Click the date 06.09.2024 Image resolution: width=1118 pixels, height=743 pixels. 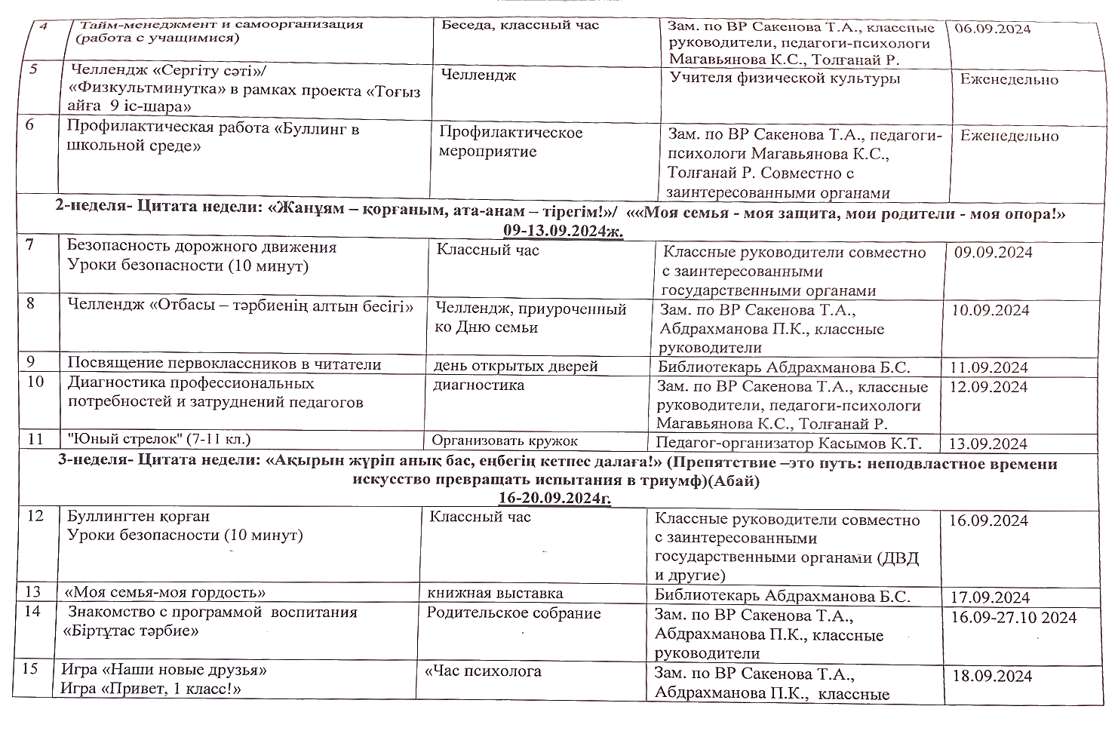(x=992, y=29)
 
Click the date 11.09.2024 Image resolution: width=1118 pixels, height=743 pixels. (x=989, y=367)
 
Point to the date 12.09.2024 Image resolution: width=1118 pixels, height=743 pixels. (x=989, y=386)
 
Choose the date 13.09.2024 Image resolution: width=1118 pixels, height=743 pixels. (x=987, y=444)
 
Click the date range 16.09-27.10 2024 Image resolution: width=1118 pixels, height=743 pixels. (x=1013, y=617)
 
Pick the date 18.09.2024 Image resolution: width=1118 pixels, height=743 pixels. (x=992, y=675)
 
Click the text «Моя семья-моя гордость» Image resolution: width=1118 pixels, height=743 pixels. (x=165, y=592)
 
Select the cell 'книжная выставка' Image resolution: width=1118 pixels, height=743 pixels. (x=495, y=593)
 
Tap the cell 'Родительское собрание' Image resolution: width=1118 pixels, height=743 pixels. (x=513, y=613)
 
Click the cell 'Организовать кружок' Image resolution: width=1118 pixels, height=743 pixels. (x=505, y=441)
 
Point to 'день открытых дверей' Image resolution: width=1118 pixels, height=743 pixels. (x=515, y=366)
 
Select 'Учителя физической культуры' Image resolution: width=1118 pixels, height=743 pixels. (x=785, y=78)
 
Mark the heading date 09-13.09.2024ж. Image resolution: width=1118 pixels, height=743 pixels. (x=563, y=230)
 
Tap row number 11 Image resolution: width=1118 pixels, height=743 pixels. (x=35, y=438)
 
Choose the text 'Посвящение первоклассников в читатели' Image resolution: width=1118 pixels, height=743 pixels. (x=224, y=364)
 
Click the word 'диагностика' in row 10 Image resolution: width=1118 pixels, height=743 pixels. (x=478, y=385)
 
